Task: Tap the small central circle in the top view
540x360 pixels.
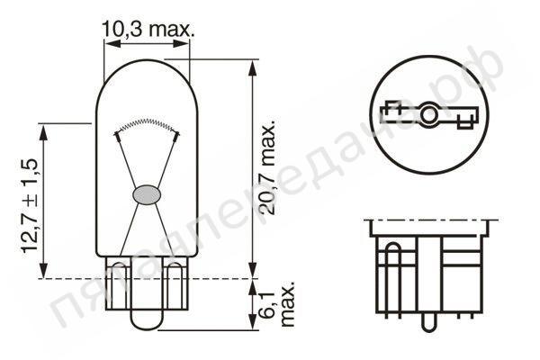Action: tap(430, 115)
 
